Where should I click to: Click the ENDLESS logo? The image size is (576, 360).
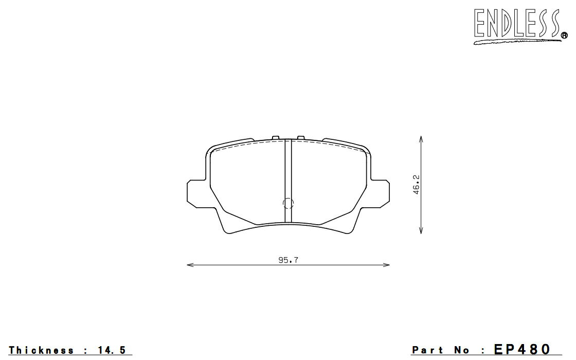pyautogui.click(x=518, y=25)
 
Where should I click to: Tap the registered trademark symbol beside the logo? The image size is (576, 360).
pyautogui.click(x=564, y=35)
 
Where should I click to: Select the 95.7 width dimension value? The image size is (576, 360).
pyautogui.click(x=289, y=260)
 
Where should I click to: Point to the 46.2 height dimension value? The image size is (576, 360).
pyautogui.click(x=416, y=185)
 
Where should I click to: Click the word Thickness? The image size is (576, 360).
pyautogui.click(x=41, y=350)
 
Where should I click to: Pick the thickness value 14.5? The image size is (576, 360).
pyautogui.click(x=112, y=350)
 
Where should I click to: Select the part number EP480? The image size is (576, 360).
pyautogui.click(x=522, y=349)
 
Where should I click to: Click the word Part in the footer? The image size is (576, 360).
pyautogui.click(x=427, y=350)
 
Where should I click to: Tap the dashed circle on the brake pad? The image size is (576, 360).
pyautogui.click(x=289, y=203)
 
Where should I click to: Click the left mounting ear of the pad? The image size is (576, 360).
pyautogui.click(x=195, y=193)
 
